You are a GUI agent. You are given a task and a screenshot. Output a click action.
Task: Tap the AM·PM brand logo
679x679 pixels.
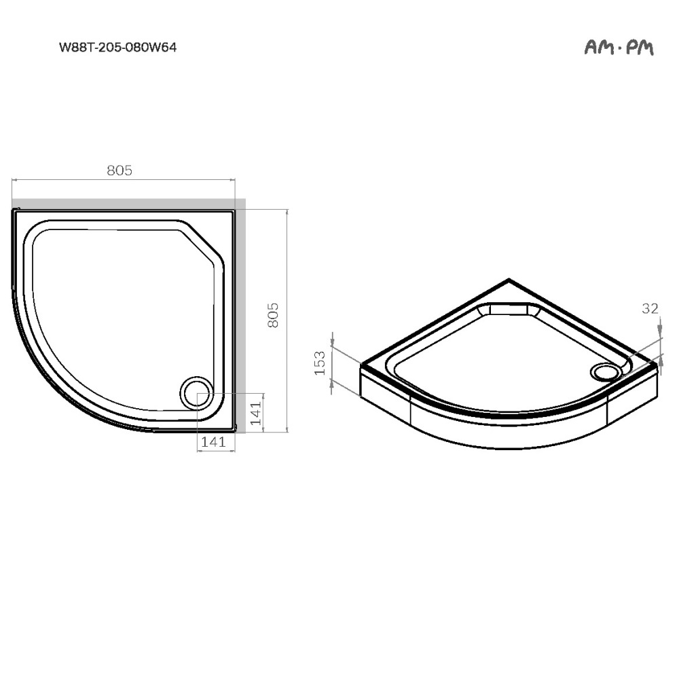pos(619,48)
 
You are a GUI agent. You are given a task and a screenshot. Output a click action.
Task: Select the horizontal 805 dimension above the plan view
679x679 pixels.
pos(119,170)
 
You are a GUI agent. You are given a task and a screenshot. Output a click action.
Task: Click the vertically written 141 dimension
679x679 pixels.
pos(255,413)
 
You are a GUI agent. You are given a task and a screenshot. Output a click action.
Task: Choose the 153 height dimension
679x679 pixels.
pos(320,363)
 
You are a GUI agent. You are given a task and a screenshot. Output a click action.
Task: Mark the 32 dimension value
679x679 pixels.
pos(650,308)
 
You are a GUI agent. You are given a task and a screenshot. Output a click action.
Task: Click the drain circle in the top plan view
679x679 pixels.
pos(196,392)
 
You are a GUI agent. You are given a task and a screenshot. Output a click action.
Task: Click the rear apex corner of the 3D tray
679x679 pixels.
pos(509,280)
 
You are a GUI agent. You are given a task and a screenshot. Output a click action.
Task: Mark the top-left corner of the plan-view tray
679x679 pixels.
pos(15,211)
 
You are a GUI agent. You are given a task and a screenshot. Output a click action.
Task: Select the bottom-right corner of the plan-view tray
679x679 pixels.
pos(234,429)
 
